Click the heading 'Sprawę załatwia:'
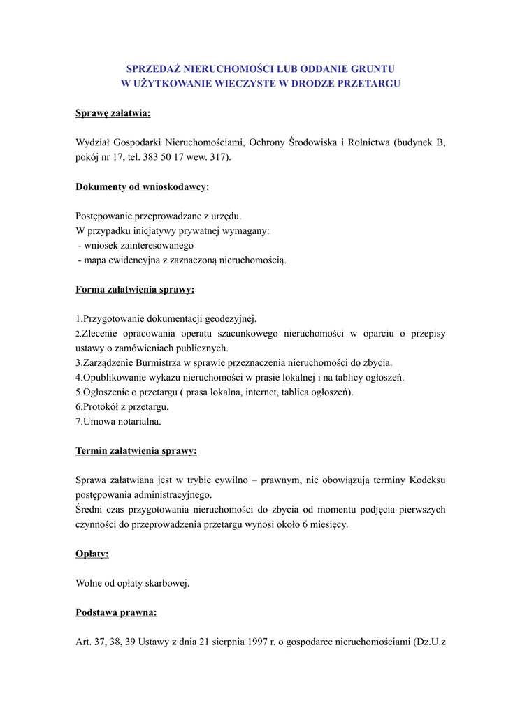click(113, 113)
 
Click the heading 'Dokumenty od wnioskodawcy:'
click(142, 186)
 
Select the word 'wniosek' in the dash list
click(100, 246)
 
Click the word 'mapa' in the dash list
click(96, 260)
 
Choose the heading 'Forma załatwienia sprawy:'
click(135, 289)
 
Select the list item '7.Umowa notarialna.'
click(118, 422)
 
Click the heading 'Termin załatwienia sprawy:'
click(136, 451)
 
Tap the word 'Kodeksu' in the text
click(426, 480)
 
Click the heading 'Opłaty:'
click(92, 554)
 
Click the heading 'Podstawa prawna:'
click(116, 613)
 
